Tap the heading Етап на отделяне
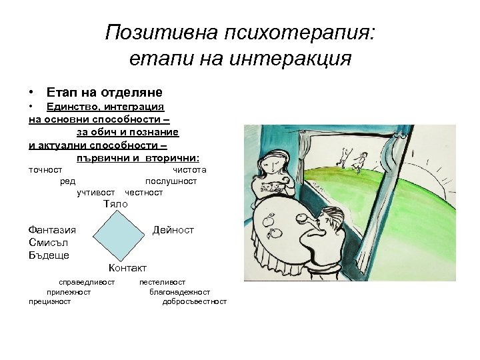click(105, 92)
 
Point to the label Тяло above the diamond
click(115, 203)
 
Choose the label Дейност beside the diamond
click(173, 230)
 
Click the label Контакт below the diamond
click(127, 268)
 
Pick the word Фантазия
click(53, 230)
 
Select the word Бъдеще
click(49, 255)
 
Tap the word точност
click(45, 170)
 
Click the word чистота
click(189, 170)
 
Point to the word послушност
click(171, 181)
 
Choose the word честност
click(144, 192)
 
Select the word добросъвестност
click(194, 301)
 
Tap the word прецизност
click(50, 301)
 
